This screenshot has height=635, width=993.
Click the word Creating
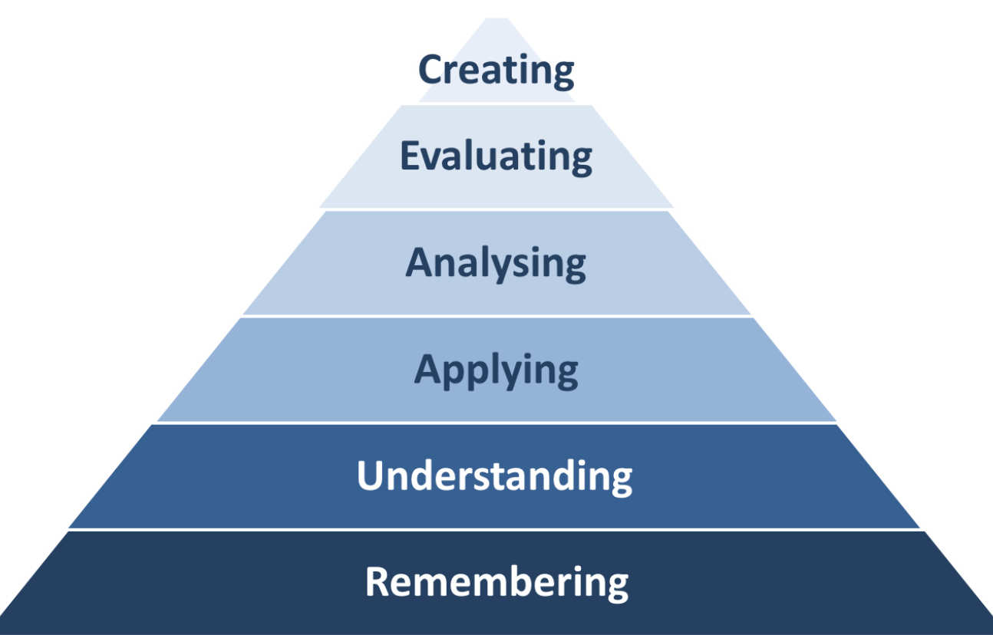[x=496, y=70]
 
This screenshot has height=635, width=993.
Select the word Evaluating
[x=496, y=156]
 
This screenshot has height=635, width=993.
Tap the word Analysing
[x=496, y=263]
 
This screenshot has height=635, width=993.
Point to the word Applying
[x=496, y=370]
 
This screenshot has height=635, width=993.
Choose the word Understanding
[x=495, y=475]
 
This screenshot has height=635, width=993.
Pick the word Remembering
[x=496, y=581]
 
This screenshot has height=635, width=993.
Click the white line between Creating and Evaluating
[x=496, y=104]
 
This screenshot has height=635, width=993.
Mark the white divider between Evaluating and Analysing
[x=496, y=209]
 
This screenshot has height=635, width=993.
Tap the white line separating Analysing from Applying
[x=496, y=315]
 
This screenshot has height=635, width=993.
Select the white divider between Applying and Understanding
[x=496, y=422]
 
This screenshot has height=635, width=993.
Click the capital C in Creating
[x=431, y=70]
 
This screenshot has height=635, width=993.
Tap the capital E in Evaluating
[x=410, y=156]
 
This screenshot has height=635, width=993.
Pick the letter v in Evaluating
[x=431, y=157]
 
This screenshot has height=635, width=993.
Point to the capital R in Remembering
[x=378, y=581]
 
